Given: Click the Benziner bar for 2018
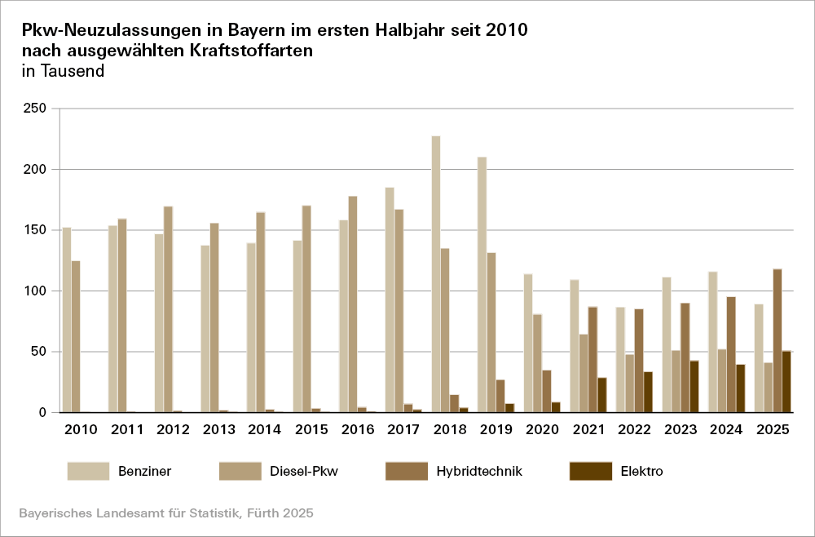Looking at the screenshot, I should click(436, 274).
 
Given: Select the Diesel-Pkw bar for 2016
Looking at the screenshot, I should click(353, 304).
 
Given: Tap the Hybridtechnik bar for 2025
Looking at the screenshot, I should click(777, 340).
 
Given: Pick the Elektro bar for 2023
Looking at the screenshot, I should click(694, 386).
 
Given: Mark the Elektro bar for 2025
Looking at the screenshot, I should click(786, 381).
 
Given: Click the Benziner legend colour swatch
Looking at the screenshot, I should click(88, 471).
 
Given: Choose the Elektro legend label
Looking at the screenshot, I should click(641, 471).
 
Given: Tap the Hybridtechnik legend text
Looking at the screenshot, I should click(478, 471).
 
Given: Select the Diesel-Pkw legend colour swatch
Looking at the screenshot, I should click(240, 471).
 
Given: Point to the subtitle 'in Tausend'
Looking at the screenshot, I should click(63, 71).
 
